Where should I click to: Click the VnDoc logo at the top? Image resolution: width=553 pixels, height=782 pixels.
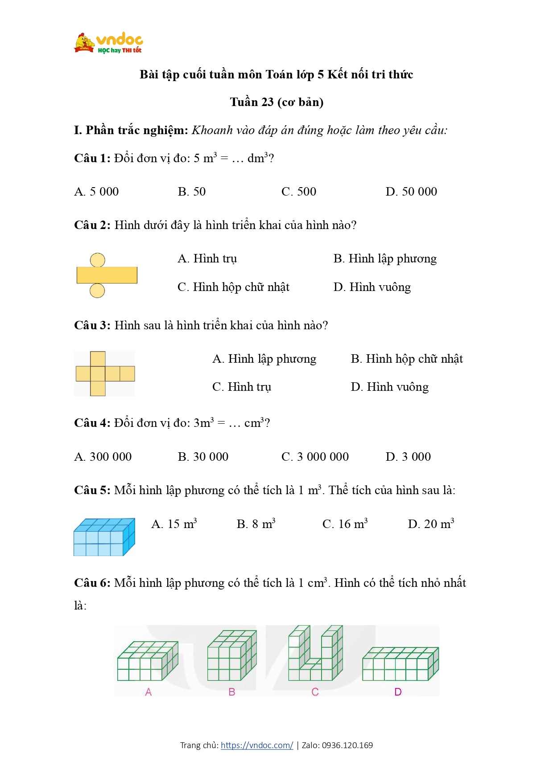click(x=108, y=43)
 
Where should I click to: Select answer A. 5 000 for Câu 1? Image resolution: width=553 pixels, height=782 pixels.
click(x=96, y=192)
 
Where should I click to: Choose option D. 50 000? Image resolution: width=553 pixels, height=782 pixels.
click(x=411, y=192)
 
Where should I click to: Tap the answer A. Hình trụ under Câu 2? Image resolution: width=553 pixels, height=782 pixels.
click(x=207, y=258)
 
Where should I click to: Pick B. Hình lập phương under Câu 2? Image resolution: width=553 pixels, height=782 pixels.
click(x=385, y=258)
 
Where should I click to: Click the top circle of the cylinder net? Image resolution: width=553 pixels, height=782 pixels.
click(x=97, y=260)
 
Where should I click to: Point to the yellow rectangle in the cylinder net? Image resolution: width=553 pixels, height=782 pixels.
click(x=107, y=275)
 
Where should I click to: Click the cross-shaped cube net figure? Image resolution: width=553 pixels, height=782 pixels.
click(x=104, y=373)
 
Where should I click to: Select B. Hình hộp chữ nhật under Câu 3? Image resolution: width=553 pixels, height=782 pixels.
click(x=407, y=359)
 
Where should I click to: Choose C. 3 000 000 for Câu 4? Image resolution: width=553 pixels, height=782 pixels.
click(x=315, y=457)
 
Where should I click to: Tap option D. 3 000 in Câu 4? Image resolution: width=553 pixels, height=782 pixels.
click(x=408, y=457)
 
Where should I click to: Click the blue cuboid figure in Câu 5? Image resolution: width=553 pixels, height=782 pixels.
click(x=104, y=537)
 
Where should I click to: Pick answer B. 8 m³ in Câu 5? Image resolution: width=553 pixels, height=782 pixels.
click(x=256, y=524)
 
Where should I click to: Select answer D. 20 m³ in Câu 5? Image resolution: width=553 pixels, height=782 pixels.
click(x=431, y=524)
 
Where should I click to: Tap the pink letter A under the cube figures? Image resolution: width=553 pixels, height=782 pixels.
click(x=149, y=692)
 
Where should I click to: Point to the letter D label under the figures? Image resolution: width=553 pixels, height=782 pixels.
click(x=398, y=692)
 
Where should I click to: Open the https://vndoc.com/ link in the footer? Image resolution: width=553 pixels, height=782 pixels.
click(x=257, y=745)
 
